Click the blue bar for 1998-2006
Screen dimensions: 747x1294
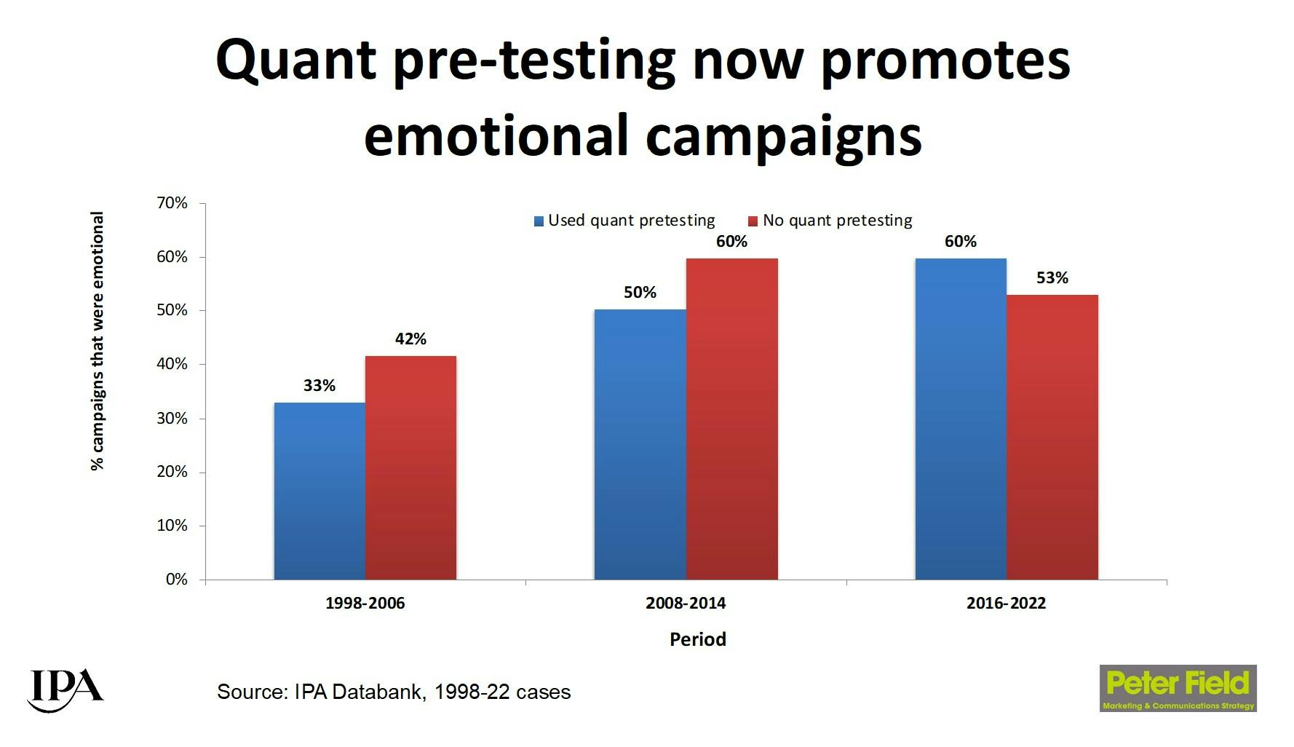pyautogui.click(x=319, y=491)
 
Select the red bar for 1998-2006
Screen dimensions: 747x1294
pyautogui.click(x=410, y=467)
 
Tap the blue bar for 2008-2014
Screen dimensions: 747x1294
pyautogui.click(x=640, y=444)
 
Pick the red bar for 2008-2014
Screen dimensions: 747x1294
pyautogui.click(x=731, y=419)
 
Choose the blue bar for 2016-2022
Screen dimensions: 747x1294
pyautogui.click(x=961, y=419)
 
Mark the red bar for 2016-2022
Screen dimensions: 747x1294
pyautogui.click(x=1052, y=437)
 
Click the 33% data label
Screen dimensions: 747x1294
pyautogui.click(x=319, y=385)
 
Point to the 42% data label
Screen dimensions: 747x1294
pyautogui.click(x=410, y=339)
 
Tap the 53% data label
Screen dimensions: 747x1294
pyautogui.click(x=1052, y=277)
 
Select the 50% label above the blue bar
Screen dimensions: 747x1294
pyautogui.click(x=640, y=292)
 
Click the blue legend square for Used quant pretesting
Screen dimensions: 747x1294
pyautogui.click(x=539, y=221)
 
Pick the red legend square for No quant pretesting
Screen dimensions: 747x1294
pyautogui.click(x=753, y=221)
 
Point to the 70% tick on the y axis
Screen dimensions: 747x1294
pyautogui.click(x=172, y=203)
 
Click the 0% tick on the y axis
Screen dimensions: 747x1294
pyautogui.click(x=176, y=580)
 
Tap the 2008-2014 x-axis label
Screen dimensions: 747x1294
pyautogui.click(x=686, y=603)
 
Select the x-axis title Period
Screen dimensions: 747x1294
pyautogui.click(x=697, y=639)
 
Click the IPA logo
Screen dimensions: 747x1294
pyautogui.click(x=65, y=689)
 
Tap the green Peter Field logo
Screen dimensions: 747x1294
pyautogui.click(x=1178, y=688)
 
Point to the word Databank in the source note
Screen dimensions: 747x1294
pyautogui.click(x=378, y=692)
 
